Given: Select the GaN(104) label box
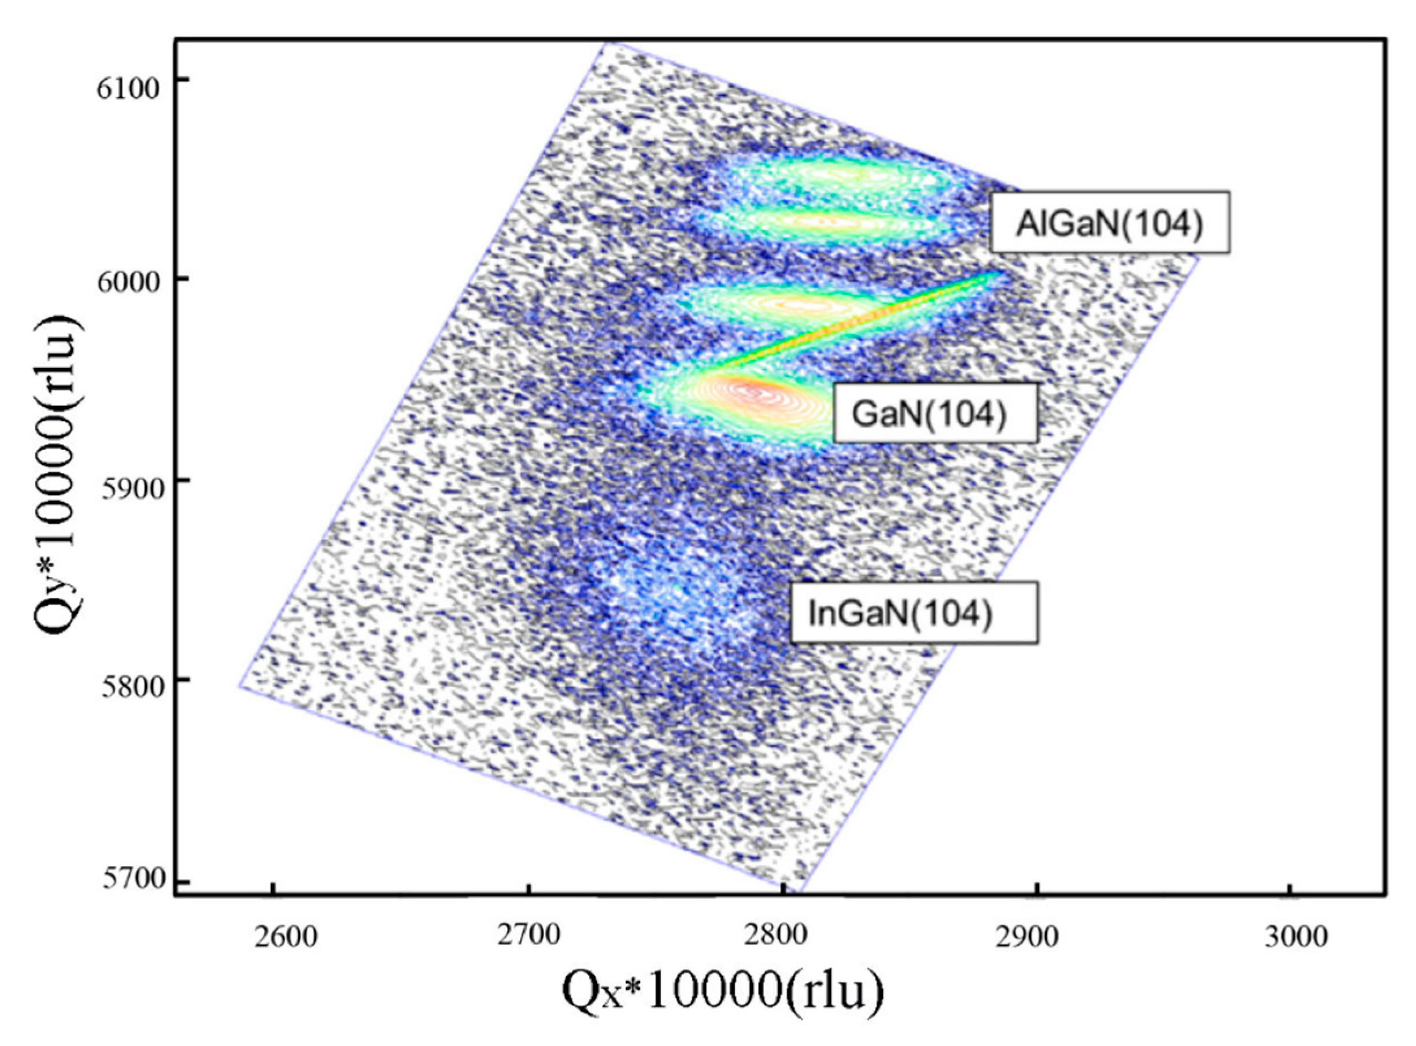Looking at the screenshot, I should (x=934, y=412).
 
